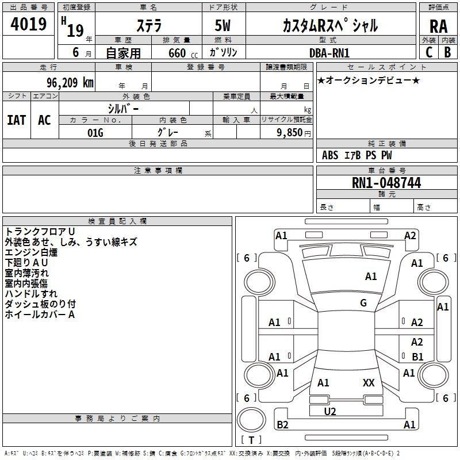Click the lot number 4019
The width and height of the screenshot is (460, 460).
tap(28, 24)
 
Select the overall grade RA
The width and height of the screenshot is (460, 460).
tap(438, 26)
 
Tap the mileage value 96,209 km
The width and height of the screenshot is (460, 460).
tap(70, 83)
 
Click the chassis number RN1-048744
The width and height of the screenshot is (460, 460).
tap(386, 183)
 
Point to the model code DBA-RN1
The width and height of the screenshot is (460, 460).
tap(329, 53)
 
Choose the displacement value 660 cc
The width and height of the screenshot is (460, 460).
tap(183, 53)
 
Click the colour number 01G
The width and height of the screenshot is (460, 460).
tap(95, 133)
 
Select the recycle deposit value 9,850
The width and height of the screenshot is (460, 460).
tap(290, 133)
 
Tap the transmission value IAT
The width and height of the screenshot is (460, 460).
tap(17, 120)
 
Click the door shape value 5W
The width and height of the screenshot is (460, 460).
tap(223, 25)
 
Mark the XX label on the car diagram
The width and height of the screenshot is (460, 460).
tap(369, 382)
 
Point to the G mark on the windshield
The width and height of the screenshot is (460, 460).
tap(363, 303)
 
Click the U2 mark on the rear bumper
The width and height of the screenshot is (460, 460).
tap(330, 412)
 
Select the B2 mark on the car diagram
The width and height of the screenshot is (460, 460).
tap(282, 424)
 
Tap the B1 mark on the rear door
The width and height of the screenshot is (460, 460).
tap(417, 356)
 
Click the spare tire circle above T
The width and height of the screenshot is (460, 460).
tap(251, 420)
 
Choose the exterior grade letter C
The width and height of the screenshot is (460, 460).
tap(428, 52)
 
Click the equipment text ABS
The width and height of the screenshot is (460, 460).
tap(330, 155)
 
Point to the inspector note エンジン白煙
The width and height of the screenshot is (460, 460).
tap(31, 252)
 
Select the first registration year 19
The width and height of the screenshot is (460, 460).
tap(75, 30)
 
